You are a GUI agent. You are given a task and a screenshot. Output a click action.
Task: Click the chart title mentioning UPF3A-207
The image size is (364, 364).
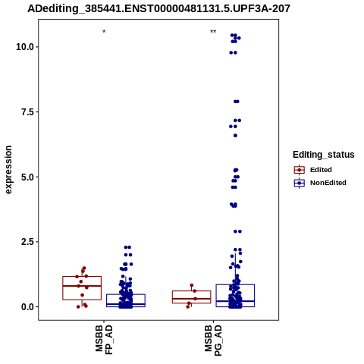tap(158, 8)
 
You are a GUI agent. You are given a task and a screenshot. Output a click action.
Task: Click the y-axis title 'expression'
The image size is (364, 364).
tap(8, 170)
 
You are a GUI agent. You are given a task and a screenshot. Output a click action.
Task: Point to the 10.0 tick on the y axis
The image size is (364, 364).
tap(25, 47)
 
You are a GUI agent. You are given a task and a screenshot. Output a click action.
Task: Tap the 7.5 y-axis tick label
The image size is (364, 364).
tap(27, 111)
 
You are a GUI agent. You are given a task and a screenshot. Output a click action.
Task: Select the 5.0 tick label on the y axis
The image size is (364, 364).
tap(27, 177)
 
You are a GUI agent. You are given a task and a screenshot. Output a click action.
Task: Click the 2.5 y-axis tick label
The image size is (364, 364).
tap(27, 242)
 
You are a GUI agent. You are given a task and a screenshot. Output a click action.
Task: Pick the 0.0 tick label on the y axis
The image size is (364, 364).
tap(27, 307)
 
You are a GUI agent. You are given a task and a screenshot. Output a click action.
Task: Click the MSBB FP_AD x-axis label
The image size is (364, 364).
tap(104, 340)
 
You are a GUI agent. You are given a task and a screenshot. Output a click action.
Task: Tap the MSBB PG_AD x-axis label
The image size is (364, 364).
tap(213, 340)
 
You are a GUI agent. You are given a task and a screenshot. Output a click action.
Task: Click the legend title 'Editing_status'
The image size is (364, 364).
tap(324, 155)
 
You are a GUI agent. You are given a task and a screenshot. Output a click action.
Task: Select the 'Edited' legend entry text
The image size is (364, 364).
tap(321, 170)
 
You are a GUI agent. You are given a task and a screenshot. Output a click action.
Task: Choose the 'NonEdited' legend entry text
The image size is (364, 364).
tap(328, 183)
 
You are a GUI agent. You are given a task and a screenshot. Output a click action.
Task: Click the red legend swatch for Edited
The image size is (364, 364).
tap(300, 170)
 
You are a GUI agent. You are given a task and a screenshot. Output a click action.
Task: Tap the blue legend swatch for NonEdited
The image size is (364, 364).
tap(300, 183)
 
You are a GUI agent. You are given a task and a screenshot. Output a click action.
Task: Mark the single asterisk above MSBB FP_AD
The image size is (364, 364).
tap(104, 32)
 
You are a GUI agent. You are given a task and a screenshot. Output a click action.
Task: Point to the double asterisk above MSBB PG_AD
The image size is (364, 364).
tap(213, 32)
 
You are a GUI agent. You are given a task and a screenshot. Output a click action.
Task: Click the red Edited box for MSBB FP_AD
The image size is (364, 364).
tap(82, 277)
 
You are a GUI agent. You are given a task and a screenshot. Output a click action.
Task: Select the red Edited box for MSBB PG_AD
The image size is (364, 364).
tap(191, 291)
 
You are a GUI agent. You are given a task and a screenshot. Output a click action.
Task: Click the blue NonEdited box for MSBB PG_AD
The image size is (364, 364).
tap(235, 284)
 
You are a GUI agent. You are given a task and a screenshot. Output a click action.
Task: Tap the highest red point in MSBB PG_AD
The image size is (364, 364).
tap(192, 285)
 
